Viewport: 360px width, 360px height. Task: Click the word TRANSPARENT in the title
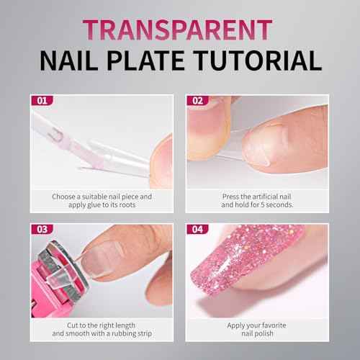[x=180, y=28]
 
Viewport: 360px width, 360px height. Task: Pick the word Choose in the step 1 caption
[x=64, y=195]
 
